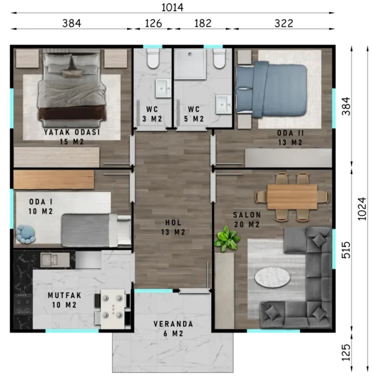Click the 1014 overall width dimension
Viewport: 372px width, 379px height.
coord(172,7)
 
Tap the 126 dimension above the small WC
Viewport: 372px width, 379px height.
coord(153,24)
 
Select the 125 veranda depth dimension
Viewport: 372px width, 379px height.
coord(346,352)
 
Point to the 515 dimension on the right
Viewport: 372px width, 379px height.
coord(346,250)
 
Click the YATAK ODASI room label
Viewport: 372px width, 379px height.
coord(72,132)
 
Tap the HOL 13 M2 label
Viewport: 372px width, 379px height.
coord(173,227)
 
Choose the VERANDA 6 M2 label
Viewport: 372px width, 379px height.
coord(174,329)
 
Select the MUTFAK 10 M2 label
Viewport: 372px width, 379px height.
coord(64,300)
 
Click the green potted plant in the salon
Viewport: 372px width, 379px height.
coord(227,238)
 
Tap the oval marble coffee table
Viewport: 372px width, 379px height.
coord(272,277)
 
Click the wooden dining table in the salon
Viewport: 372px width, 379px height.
coord(292,197)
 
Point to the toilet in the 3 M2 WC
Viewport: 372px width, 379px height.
coord(153,58)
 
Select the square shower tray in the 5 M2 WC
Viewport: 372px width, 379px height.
coord(190,64)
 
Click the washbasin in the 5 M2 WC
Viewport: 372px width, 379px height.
coord(224,104)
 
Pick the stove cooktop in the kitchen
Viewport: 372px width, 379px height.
coord(23,303)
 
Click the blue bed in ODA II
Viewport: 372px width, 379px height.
coord(271,89)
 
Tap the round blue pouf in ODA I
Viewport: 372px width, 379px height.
coord(25,234)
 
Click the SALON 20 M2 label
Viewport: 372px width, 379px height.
coord(247,219)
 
